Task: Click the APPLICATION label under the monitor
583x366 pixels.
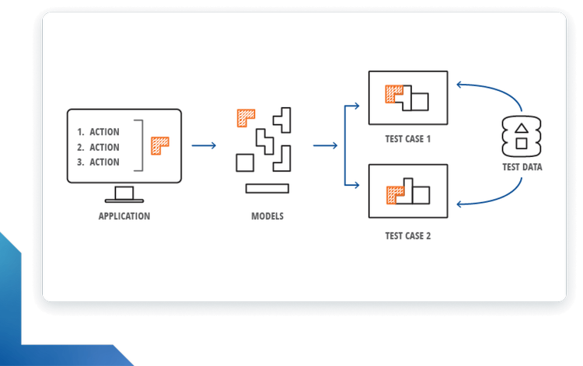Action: click(124, 216)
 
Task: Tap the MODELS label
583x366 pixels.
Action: click(267, 216)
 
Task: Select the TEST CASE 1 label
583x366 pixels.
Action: click(408, 139)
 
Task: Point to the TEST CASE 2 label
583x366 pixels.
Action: click(408, 235)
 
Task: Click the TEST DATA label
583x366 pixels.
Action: click(522, 167)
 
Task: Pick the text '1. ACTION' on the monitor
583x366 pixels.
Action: click(99, 132)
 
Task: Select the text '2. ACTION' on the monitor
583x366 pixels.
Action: click(99, 147)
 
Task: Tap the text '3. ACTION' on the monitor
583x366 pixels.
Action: click(99, 162)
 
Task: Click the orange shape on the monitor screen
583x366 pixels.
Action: click(159, 145)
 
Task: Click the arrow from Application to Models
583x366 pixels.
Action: click(204, 145)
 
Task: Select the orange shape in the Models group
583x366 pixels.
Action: click(246, 117)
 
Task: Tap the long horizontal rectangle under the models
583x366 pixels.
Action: click(267, 188)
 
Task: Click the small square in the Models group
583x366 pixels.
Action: click(244, 162)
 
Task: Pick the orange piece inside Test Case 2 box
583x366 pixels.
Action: click(395, 193)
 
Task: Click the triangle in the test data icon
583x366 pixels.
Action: click(522, 129)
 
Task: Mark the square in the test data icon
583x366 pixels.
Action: click(522, 144)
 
